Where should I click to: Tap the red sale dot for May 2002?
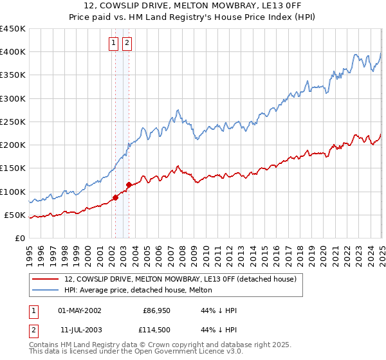pyautogui.click(x=116, y=197)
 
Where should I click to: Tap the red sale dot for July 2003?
pyautogui.click(x=129, y=184)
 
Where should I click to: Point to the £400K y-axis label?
pyautogui.click(x=12, y=52)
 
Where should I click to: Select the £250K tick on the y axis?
pyautogui.click(x=12, y=122)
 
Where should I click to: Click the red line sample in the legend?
pyautogui.click(x=46, y=280)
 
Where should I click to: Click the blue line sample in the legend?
pyautogui.click(x=46, y=290)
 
